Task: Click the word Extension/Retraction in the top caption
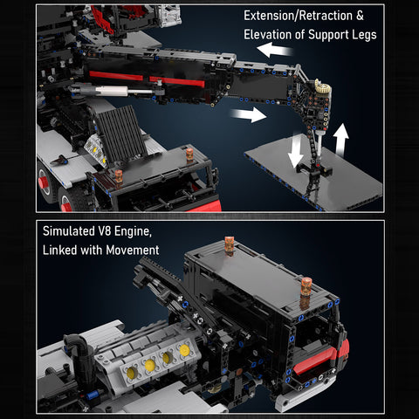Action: pyautogui.click(x=298, y=17)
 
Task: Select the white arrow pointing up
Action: pyautogui.click(x=341, y=137)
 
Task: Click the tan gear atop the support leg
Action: pyautogui.click(x=321, y=90)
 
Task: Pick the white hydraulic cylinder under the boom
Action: pyautogui.click(x=113, y=90)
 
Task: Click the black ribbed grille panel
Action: pyautogui.click(x=120, y=135)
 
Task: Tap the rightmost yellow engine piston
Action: pyautogui.click(x=184, y=349)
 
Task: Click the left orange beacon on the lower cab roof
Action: pyautogui.click(x=230, y=245)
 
